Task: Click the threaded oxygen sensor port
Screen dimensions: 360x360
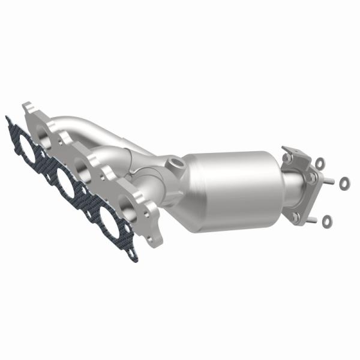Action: pyautogui.click(x=175, y=163)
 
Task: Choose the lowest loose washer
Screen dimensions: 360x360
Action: pyautogui.click(x=326, y=221)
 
